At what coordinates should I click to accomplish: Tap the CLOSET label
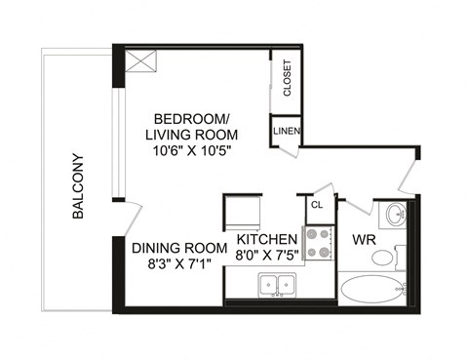click(x=288, y=79)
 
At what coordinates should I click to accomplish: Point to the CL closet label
click(x=317, y=205)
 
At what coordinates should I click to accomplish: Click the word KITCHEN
click(x=266, y=240)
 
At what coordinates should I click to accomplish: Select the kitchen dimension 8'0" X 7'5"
click(x=266, y=256)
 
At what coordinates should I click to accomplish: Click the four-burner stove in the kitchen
click(x=318, y=243)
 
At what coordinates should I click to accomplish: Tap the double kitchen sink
click(x=272, y=285)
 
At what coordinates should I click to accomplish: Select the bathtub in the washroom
click(x=371, y=290)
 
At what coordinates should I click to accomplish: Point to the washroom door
click(x=353, y=207)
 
